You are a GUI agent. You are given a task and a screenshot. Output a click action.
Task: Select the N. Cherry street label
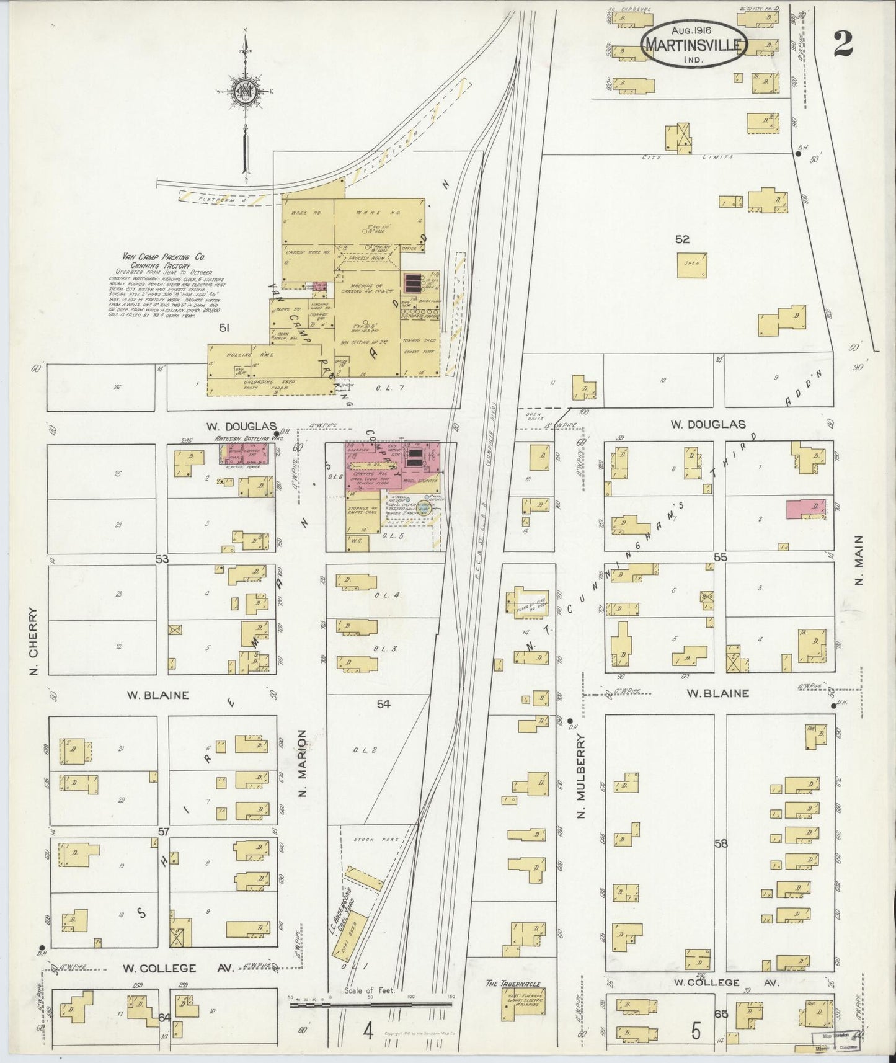click(33, 641)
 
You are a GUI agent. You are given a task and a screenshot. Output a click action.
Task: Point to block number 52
click(682, 239)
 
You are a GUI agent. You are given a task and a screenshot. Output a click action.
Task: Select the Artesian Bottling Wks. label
click(248, 438)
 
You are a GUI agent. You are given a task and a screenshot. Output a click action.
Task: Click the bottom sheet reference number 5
click(696, 1033)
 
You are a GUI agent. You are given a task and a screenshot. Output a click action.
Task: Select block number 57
click(163, 830)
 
